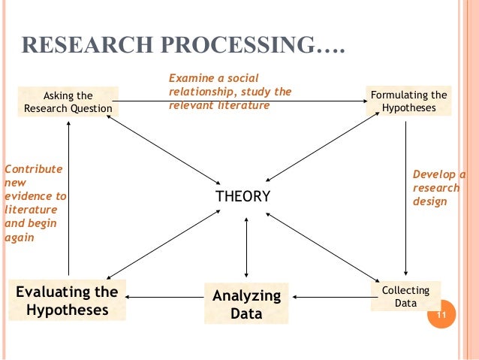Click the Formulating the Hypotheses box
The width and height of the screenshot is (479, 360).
408,101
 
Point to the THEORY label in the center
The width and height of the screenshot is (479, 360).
243,197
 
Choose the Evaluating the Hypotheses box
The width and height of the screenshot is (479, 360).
68,301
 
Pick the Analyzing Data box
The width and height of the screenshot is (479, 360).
246,303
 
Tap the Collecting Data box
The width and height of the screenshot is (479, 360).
405,296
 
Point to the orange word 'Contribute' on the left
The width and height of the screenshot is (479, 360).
34,169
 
